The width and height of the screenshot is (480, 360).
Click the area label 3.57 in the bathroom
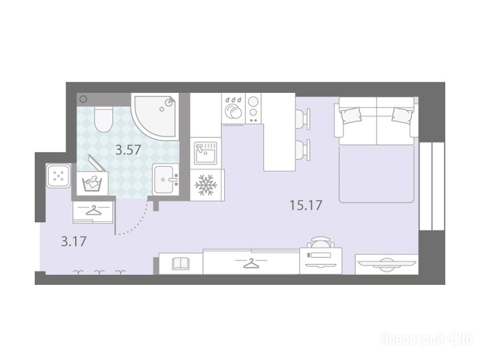[128, 150]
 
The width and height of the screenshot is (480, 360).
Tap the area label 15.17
[306, 205]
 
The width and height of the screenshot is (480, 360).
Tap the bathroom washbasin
[165, 179]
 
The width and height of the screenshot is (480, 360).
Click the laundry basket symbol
[92, 183]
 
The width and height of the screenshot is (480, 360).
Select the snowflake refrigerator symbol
[206, 185]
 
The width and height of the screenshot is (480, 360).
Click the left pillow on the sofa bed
[351, 115]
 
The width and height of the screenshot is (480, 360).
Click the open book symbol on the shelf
[180, 263]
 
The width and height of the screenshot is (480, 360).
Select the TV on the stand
[387, 263]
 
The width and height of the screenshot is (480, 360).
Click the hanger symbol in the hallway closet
[94, 210]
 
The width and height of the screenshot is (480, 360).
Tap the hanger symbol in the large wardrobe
[251, 263]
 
